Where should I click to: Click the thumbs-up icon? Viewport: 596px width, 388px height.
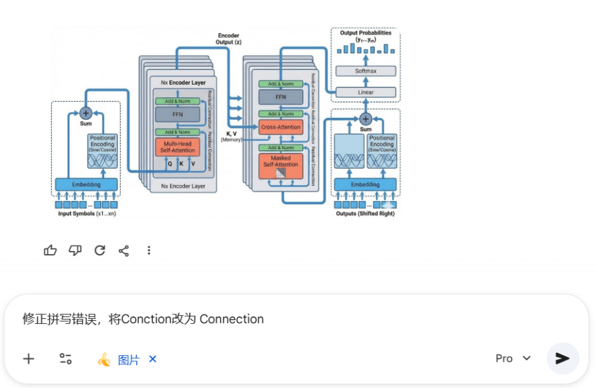pyautogui.click(x=50, y=250)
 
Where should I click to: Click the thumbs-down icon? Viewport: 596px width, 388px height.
pyautogui.click(x=75, y=250)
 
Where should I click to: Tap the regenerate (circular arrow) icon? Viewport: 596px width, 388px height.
pyautogui.click(x=100, y=250)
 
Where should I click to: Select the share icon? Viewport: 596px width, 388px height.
pyautogui.click(x=124, y=250)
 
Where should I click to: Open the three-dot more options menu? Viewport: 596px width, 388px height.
pyautogui.click(x=149, y=250)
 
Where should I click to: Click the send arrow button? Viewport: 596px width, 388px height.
pyautogui.click(x=562, y=358)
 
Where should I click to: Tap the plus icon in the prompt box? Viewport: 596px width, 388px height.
pyautogui.click(x=29, y=359)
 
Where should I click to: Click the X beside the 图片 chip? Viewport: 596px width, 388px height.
pyautogui.click(x=153, y=359)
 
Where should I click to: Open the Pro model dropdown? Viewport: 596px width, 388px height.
pyautogui.click(x=513, y=359)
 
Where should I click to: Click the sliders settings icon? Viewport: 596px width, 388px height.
pyautogui.click(x=65, y=359)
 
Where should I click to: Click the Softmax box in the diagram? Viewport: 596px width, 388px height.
pyautogui.click(x=365, y=71)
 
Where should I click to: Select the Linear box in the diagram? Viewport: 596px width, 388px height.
pyautogui.click(x=365, y=92)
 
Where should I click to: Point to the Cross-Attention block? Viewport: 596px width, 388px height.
pyautogui.click(x=281, y=127)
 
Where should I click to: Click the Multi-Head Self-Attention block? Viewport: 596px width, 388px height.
pyautogui.click(x=178, y=147)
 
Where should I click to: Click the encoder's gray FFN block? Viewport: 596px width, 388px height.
pyautogui.click(x=178, y=115)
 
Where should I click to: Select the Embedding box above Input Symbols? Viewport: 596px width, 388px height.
pyautogui.click(x=86, y=184)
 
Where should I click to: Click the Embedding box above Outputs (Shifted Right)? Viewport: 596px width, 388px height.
pyautogui.click(x=365, y=184)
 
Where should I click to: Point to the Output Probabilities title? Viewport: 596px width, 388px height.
pyautogui.click(x=366, y=33)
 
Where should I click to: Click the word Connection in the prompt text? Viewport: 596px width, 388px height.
pyautogui.click(x=231, y=319)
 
